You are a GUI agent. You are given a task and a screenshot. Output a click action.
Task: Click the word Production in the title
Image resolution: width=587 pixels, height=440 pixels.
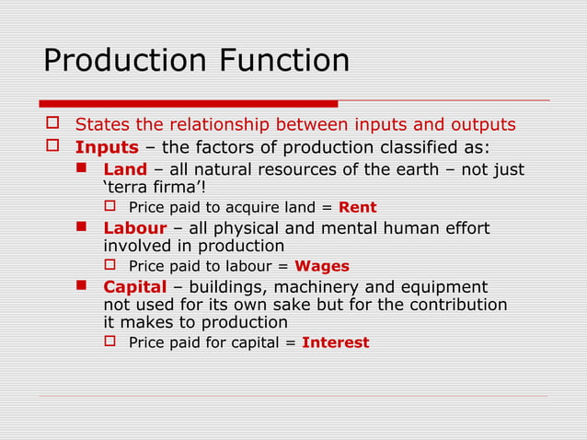click(125, 61)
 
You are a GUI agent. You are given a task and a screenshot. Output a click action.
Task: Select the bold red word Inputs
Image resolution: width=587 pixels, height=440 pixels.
click(107, 147)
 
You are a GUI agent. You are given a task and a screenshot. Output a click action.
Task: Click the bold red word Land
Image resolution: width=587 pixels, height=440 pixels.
click(125, 169)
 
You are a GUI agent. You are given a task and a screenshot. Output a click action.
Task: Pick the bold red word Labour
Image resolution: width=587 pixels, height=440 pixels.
click(135, 227)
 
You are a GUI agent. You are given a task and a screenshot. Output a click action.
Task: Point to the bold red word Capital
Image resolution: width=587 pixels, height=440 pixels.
click(135, 286)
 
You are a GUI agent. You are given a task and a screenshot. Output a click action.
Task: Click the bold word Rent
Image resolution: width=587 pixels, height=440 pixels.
click(357, 207)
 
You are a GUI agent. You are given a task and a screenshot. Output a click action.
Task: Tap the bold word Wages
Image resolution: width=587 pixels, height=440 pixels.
click(321, 266)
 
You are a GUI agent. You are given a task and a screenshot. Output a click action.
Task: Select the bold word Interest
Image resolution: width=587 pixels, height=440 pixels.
click(335, 342)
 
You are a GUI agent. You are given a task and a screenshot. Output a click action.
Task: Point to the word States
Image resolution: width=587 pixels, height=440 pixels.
click(102, 124)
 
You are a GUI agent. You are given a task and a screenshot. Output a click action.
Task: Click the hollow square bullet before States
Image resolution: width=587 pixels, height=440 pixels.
click(52, 124)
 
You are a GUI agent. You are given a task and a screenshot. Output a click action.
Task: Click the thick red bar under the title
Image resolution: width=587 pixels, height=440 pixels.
click(189, 103)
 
